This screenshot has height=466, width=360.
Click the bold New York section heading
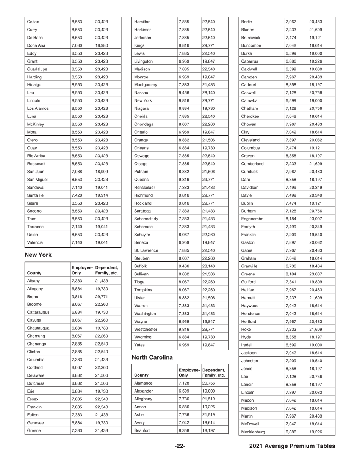pyautogui.click(x=38, y=255)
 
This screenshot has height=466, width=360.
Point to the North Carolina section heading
pyautogui.click(x=152, y=357)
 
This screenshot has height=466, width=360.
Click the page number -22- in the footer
pyautogui.click(x=180, y=446)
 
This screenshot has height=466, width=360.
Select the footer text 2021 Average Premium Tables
pyautogui.click(x=292, y=446)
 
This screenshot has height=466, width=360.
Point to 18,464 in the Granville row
pyautogui.click(x=315, y=266)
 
